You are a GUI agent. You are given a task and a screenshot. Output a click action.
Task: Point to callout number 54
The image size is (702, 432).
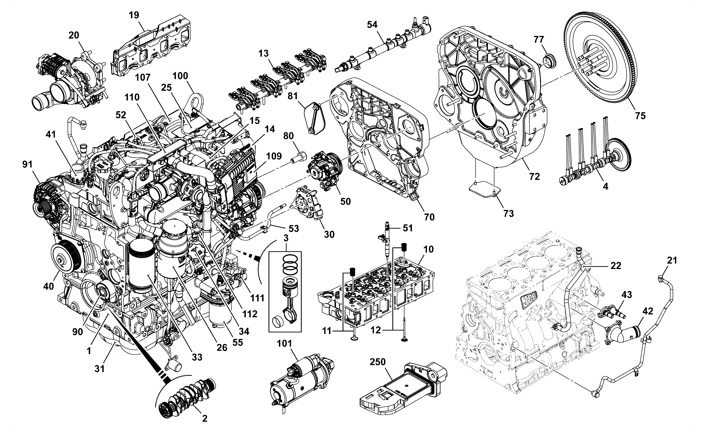[372, 24]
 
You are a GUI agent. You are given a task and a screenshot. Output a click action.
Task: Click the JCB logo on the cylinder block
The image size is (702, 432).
[529, 300]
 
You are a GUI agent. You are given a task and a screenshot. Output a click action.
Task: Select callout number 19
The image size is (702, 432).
[134, 15]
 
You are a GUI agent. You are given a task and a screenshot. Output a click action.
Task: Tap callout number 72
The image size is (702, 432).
[534, 177]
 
